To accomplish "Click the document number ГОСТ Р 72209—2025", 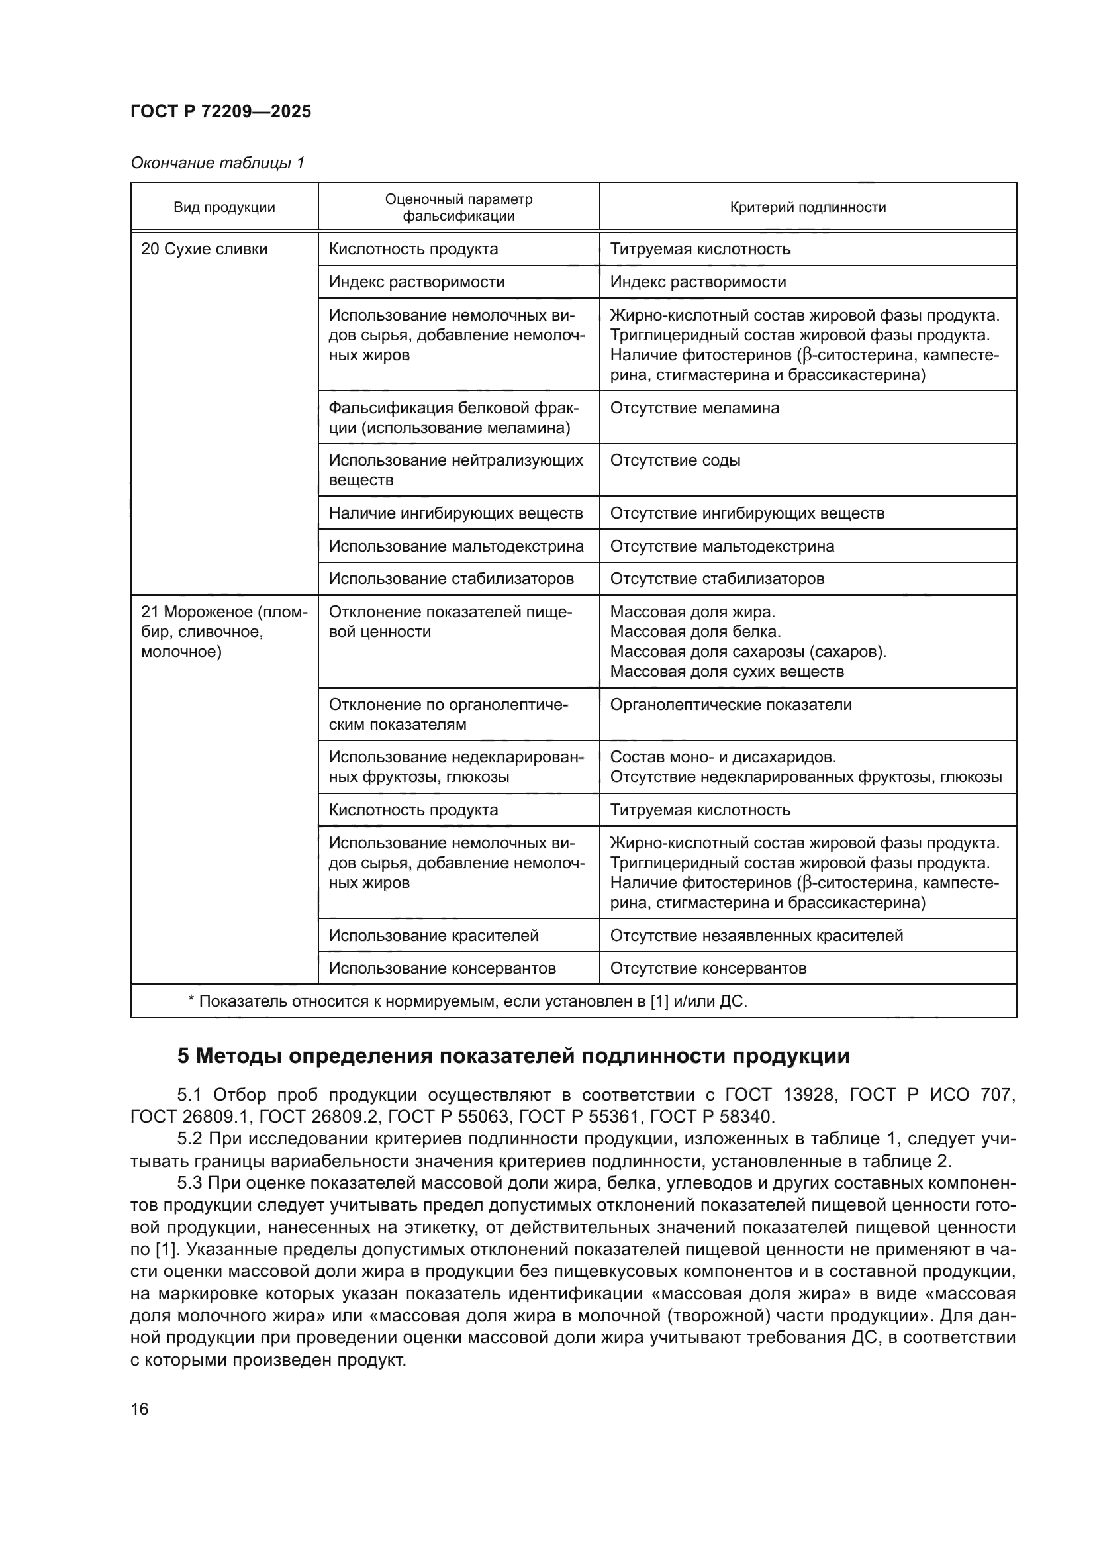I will (220, 111).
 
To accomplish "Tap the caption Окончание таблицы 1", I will (217, 163).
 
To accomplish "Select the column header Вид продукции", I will (224, 207).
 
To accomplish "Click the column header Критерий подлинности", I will (807, 207).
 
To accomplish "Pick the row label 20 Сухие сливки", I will (204, 249).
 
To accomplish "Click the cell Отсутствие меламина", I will (694, 407).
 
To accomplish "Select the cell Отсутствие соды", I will (674, 460).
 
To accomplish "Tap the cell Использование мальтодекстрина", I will (455, 546).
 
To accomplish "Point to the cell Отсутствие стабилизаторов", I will (716, 578).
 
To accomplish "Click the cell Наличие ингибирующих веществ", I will (455, 513).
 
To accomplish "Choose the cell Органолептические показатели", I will (730, 705).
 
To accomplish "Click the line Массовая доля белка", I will (694, 632).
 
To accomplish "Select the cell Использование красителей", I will (433, 935).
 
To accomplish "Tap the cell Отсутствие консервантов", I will (707, 968).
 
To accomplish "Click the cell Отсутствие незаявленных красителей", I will (756, 935).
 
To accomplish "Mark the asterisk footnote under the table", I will (467, 1001).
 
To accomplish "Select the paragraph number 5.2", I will (189, 1139).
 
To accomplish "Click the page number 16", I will (140, 1409).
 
